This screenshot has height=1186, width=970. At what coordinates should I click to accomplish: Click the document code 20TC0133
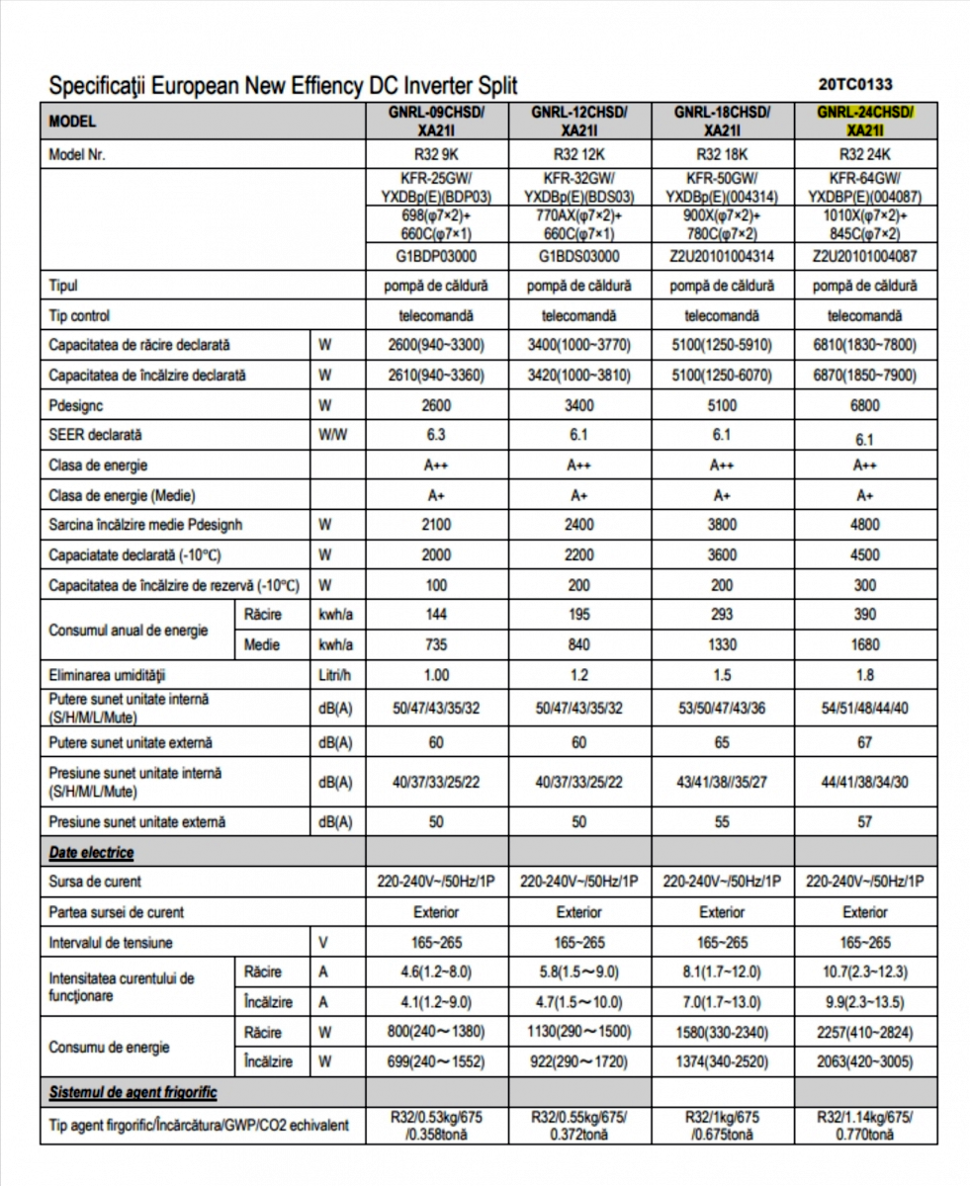coord(856,85)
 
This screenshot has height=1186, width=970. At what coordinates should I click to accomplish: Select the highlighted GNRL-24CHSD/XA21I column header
coord(865,121)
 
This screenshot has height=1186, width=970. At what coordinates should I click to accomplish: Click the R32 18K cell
coord(722,155)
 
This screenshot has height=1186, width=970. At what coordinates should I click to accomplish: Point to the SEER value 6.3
coord(436,435)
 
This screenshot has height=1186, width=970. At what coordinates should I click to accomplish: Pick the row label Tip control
coord(79,315)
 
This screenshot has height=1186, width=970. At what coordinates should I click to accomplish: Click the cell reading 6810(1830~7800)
coord(865,346)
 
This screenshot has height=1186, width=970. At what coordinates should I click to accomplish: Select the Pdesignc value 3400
coord(579,405)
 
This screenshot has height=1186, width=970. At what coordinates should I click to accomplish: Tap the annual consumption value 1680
coord(865,645)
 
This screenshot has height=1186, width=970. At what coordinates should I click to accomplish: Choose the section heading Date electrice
coord(92,852)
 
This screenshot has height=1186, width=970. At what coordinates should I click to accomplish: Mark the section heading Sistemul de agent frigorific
coord(133,1092)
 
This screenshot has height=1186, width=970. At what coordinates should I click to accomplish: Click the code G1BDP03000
coord(436,257)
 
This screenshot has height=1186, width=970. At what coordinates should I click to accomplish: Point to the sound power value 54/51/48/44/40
coord(865,710)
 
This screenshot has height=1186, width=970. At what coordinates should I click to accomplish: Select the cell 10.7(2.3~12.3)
coord(865,973)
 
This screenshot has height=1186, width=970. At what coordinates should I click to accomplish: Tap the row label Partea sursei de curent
coord(117,912)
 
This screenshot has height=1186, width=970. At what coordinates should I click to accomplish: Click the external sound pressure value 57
coord(865,821)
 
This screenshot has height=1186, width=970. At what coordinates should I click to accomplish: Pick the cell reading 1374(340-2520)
coord(722,1061)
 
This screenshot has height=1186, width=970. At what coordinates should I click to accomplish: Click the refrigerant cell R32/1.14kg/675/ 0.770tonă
coord(865,1125)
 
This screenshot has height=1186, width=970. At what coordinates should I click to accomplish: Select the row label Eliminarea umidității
coord(108,675)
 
